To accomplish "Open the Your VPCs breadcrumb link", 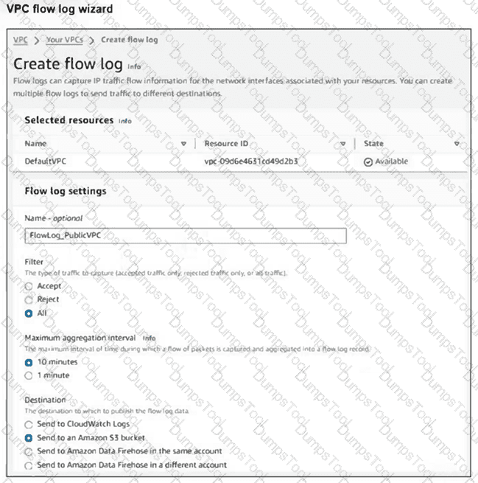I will click(x=64, y=39).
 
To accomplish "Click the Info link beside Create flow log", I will click(x=134, y=66).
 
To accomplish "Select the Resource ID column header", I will click(x=227, y=144).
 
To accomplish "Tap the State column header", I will click(x=373, y=144).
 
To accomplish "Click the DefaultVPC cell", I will click(x=46, y=161).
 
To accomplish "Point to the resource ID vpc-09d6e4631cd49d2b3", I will click(x=250, y=161).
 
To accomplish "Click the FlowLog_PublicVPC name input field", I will click(x=185, y=236).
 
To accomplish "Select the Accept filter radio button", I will click(x=29, y=286).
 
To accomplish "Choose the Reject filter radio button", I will click(x=29, y=299).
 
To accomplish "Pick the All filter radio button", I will click(x=29, y=313).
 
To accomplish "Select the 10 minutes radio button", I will click(x=29, y=362).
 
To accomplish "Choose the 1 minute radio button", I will click(x=29, y=375).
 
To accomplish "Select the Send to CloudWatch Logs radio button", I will click(x=29, y=425).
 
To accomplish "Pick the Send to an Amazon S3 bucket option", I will click(x=29, y=438).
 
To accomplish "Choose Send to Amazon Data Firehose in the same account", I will click(x=29, y=451).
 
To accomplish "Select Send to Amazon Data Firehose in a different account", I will click(x=29, y=465).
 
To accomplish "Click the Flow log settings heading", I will click(x=66, y=191).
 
